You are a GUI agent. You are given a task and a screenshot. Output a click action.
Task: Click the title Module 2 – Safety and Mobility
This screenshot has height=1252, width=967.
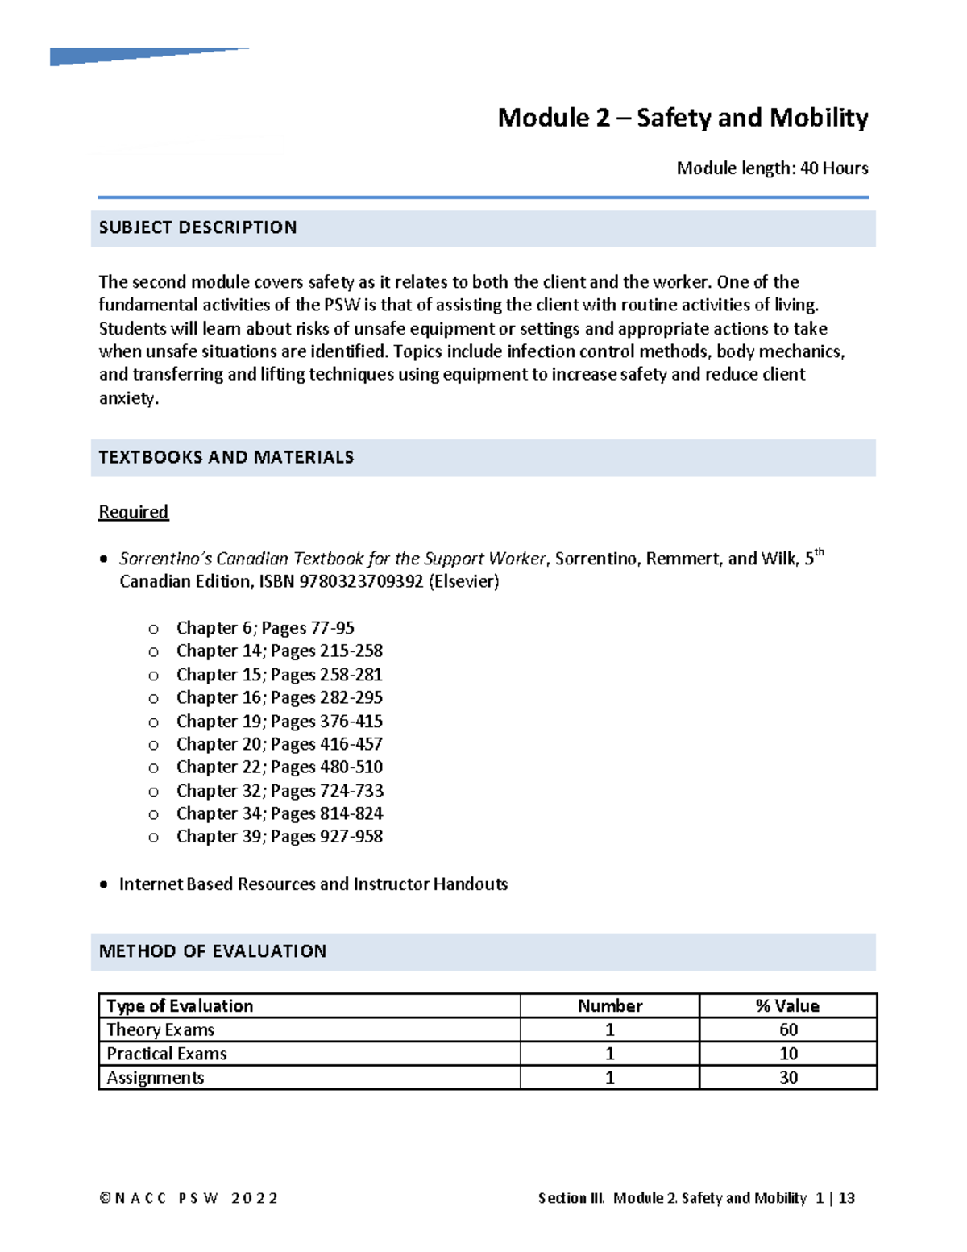click(683, 118)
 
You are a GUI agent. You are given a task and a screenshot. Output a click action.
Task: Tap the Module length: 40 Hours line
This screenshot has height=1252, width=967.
click(772, 168)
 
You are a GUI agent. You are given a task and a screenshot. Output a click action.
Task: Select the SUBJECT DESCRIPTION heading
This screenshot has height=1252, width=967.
click(197, 227)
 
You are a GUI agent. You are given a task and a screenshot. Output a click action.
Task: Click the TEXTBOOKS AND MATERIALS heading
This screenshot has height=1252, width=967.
click(226, 457)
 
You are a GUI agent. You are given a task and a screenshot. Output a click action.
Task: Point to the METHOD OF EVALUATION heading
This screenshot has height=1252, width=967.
click(213, 951)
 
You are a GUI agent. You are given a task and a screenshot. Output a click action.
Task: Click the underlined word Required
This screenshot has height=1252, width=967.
click(133, 512)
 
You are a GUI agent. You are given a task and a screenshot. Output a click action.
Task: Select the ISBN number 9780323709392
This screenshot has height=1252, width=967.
click(361, 581)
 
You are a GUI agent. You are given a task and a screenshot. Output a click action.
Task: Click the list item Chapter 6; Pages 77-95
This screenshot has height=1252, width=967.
click(265, 628)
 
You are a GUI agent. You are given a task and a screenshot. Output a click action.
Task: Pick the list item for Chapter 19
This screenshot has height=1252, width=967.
click(279, 721)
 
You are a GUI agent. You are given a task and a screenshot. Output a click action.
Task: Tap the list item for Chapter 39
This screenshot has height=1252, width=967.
click(279, 836)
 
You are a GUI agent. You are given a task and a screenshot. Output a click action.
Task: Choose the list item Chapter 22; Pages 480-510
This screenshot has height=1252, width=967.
click(279, 767)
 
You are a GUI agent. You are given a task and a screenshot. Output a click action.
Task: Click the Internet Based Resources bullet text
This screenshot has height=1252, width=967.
click(313, 884)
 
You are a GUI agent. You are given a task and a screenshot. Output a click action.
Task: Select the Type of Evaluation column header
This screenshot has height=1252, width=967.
click(180, 1005)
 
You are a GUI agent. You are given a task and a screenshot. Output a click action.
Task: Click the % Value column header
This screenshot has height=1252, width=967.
click(787, 1005)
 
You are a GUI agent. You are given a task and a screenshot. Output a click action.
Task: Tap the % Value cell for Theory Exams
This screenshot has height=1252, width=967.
click(787, 1029)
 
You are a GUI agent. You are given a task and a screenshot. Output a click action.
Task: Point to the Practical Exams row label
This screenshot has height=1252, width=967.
click(167, 1054)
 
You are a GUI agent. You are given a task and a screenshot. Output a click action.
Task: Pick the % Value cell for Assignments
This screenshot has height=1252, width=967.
click(787, 1077)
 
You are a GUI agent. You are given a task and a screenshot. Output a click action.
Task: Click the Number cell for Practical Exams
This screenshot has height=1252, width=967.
click(609, 1054)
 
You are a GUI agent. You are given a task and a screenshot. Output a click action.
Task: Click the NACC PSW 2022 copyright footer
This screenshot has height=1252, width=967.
click(189, 1198)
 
